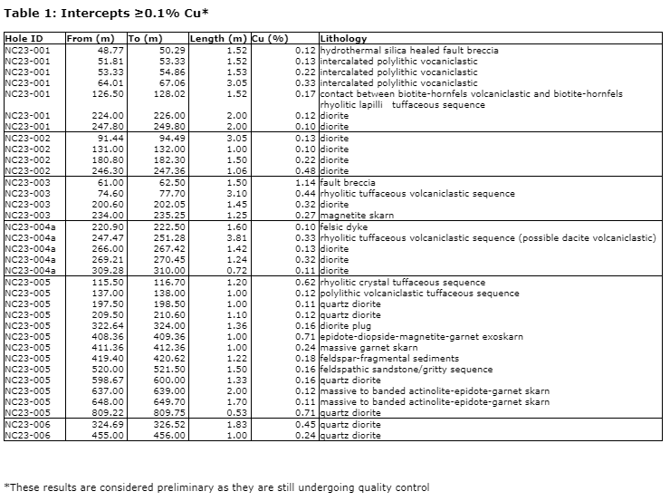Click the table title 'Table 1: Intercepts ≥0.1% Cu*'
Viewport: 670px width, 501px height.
[106, 12]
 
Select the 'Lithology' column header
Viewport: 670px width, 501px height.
[344, 39]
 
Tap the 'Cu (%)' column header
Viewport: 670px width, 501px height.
[271, 39]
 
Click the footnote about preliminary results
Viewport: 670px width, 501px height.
[217, 487]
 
